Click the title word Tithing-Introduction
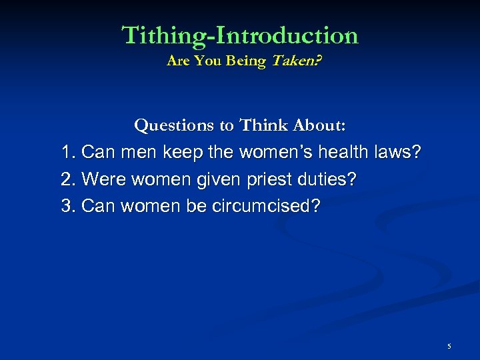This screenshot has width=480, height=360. [240, 35]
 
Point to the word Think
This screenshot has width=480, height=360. [263, 125]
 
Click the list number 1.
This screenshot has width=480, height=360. [67, 153]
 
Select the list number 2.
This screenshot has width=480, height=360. [67, 179]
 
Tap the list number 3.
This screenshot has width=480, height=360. [67, 206]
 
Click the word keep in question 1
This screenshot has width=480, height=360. [182, 153]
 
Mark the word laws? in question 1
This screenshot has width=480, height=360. [399, 153]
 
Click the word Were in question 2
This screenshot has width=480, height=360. [104, 179]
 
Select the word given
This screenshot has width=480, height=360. [214, 179]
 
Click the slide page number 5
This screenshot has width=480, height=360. [449, 347]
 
